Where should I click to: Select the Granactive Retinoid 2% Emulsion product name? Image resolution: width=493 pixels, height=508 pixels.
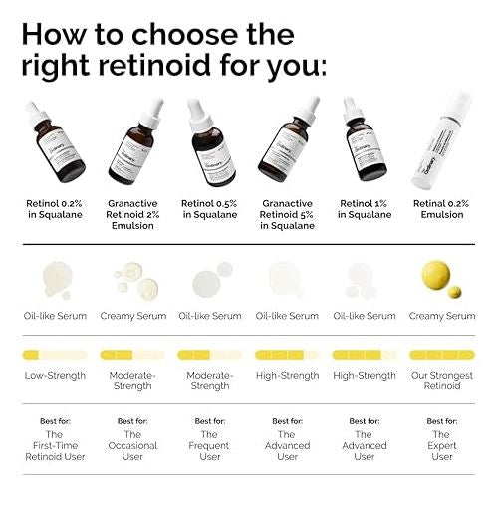point(132,214)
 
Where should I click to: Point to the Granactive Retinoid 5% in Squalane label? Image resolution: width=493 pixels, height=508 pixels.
point(287,214)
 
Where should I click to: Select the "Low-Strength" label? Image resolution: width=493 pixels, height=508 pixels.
point(55,376)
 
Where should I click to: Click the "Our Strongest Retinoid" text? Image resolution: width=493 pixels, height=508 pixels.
point(442,381)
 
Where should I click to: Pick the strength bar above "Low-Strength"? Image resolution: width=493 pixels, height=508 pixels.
point(55,354)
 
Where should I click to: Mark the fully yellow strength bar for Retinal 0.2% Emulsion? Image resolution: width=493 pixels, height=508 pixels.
point(442,354)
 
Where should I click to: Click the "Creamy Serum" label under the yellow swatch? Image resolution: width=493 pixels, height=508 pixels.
point(442,316)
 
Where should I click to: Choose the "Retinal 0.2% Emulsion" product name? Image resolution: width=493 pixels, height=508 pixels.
point(442,208)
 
